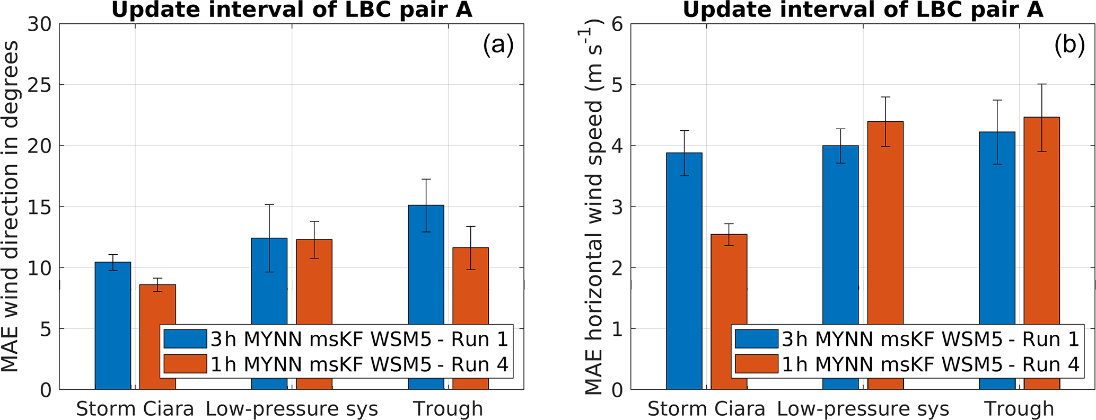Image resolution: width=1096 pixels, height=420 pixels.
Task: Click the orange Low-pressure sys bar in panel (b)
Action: coord(885,222)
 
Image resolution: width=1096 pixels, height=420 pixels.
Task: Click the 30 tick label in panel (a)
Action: coord(40,24)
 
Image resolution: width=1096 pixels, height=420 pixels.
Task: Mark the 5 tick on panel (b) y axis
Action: coord(618,85)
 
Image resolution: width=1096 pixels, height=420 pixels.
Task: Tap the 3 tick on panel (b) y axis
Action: coord(618,207)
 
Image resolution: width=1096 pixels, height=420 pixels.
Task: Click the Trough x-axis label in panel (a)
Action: coord(448,409)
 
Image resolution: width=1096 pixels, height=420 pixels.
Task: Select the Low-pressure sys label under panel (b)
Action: coord(863,409)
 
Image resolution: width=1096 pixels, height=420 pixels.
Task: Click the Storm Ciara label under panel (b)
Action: coord(706,409)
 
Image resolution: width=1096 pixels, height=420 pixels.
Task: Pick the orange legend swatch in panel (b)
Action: coord(757,364)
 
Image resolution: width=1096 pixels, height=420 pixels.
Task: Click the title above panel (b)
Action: coord(863,10)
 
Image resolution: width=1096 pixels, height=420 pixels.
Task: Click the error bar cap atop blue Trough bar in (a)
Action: coord(426,180)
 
